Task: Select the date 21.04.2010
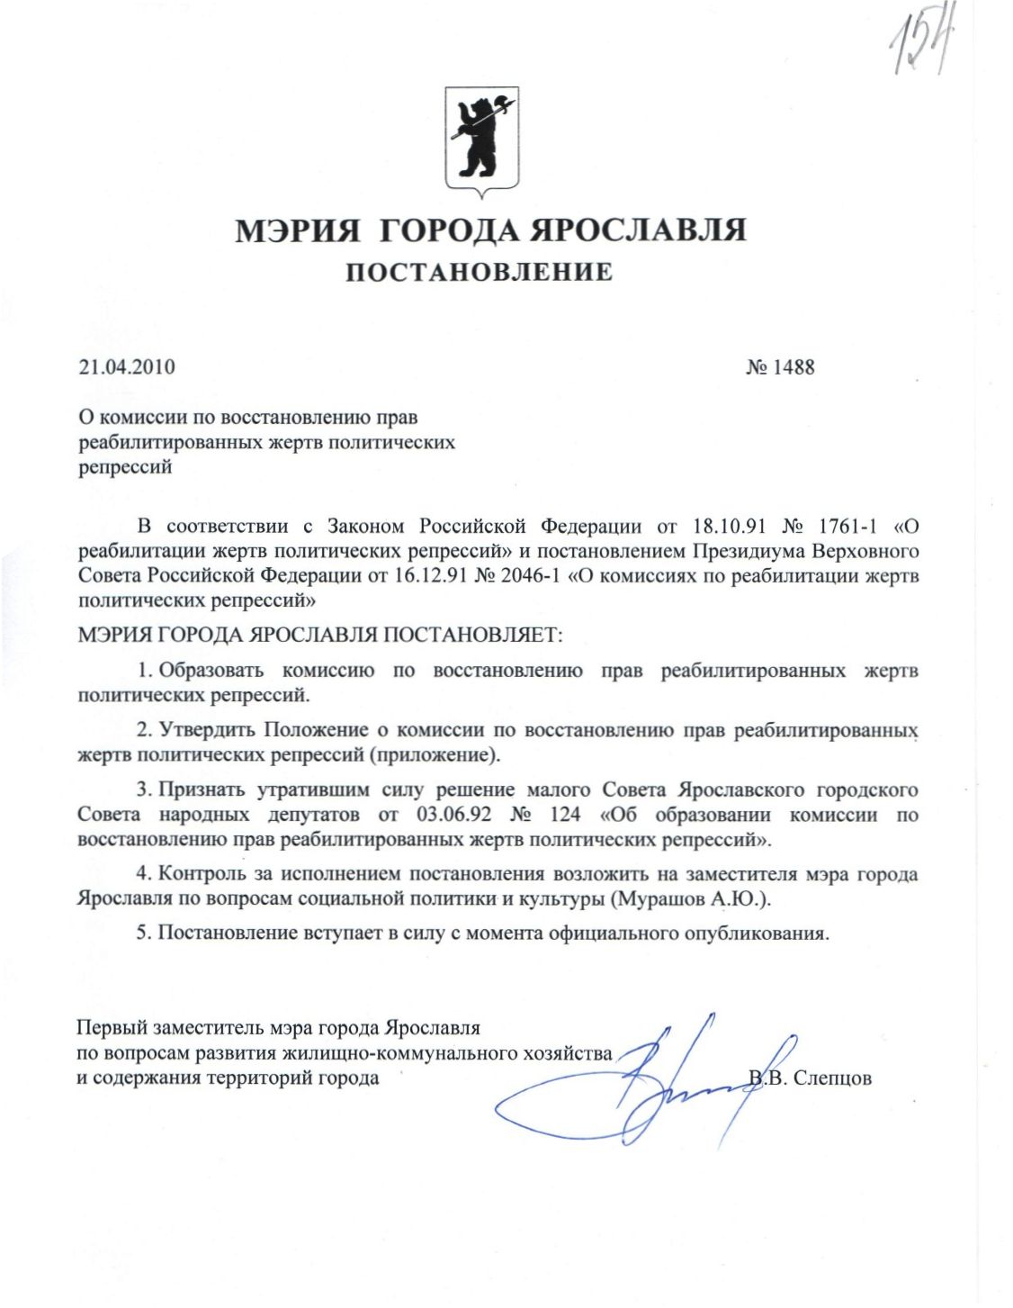127,367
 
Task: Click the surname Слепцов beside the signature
833,1078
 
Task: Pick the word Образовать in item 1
211,671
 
